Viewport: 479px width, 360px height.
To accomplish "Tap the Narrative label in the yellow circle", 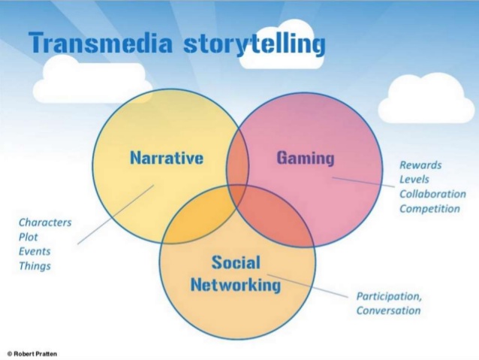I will coord(167,158).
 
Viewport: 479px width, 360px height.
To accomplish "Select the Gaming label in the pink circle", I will coord(305,158).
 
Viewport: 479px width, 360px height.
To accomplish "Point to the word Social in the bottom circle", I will coord(236,262).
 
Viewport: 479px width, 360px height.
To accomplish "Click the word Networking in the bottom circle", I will coord(236,285).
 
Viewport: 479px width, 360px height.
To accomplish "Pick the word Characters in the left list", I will coord(45,222).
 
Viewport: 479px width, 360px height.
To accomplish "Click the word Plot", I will coord(29,237).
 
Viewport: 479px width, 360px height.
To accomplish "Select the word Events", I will coord(35,251).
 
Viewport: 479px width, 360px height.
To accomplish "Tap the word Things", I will coord(35,265).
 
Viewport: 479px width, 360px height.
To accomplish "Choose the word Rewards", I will coord(420,165).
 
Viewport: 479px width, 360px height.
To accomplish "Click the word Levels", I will coord(415,179).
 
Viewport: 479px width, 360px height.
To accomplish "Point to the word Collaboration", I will coord(432,194).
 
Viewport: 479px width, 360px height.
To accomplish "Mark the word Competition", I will coord(429,208).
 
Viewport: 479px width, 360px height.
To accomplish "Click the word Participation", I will coord(389,296).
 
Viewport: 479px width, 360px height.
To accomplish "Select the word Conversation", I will coord(388,310).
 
